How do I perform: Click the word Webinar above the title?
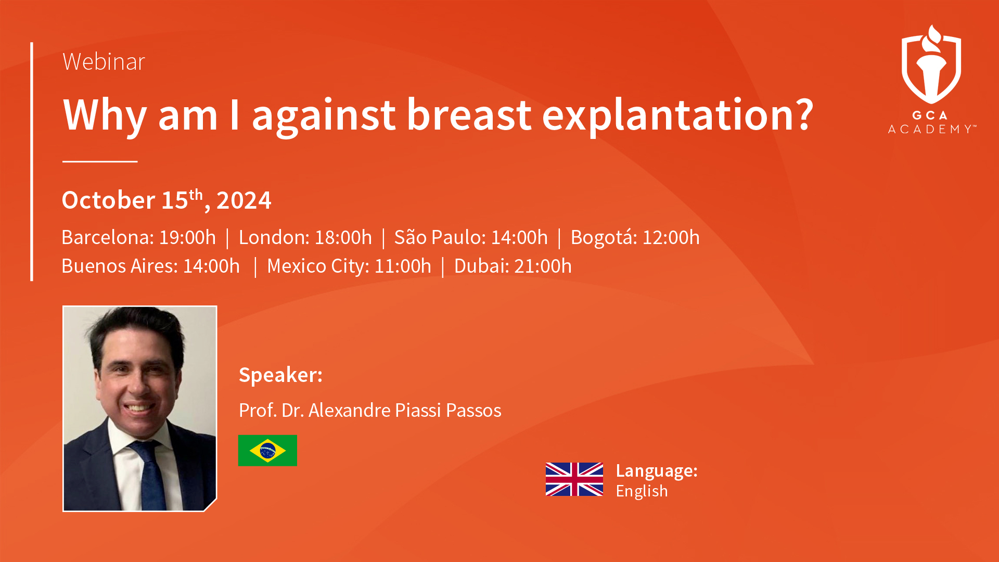[104, 61]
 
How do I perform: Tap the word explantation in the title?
[677, 116]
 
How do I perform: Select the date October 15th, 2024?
[166, 200]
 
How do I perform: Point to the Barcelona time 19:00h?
[187, 237]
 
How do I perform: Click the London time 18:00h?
[343, 237]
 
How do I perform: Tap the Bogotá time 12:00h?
[671, 237]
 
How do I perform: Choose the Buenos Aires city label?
[119, 266]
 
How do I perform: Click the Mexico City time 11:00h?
[403, 266]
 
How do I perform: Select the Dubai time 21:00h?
[543, 266]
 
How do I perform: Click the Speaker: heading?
[281, 375]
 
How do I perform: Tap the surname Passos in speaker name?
[473, 410]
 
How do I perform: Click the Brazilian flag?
[267, 450]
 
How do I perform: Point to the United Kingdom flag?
[574, 479]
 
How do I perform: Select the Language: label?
[657, 470]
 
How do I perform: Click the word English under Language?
[642, 491]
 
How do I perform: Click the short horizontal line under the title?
[100, 161]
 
